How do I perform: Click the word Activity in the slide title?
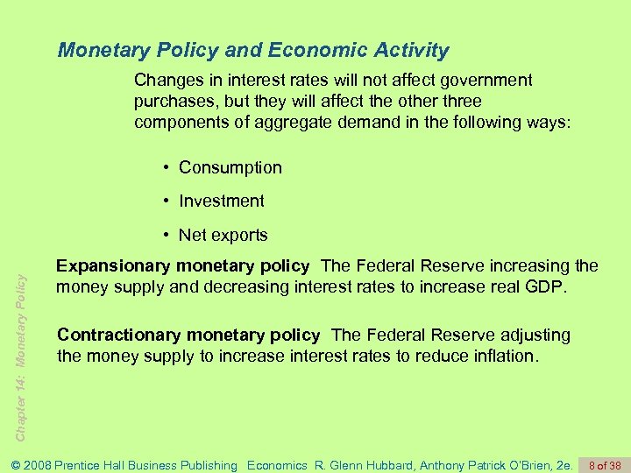pyautogui.click(x=408, y=50)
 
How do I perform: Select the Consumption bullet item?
pyautogui.click(x=230, y=167)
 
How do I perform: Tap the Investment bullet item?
pyautogui.click(x=221, y=201)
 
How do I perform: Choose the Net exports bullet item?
pyautogui.click(x=223, y=235)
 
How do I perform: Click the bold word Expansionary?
pyautogui.click(x=111, y=265)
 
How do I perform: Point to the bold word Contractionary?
pyautogui.click(x=117, y=335)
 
